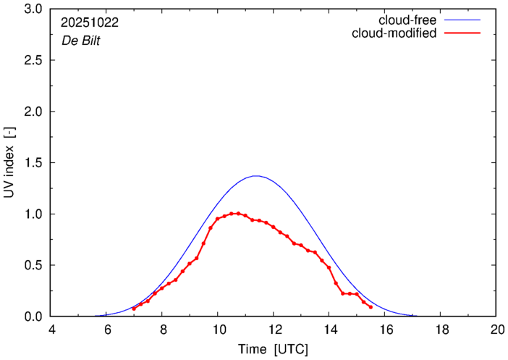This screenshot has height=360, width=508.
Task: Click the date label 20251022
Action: click(90, 22)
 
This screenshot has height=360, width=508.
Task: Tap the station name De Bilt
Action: click(80, 41)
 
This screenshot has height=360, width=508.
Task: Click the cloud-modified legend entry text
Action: click(393, 33)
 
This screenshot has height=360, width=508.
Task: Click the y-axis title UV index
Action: click(9, 163)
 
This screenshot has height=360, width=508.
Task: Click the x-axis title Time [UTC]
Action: click(274, 350)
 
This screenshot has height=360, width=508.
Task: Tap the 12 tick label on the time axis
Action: click(274, 330)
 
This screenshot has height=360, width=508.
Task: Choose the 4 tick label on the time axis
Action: click(51, 330)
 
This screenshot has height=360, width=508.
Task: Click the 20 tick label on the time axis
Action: click(496, 330)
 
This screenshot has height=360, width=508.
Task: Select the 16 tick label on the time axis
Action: click(385, 330)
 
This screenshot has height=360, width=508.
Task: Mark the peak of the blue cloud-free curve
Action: click(255, 176)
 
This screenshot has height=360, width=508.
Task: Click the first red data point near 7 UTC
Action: click(134, 309)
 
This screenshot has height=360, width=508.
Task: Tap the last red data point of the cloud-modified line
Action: click(371, 307)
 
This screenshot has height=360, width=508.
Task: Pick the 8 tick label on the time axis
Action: click(163, 330)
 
